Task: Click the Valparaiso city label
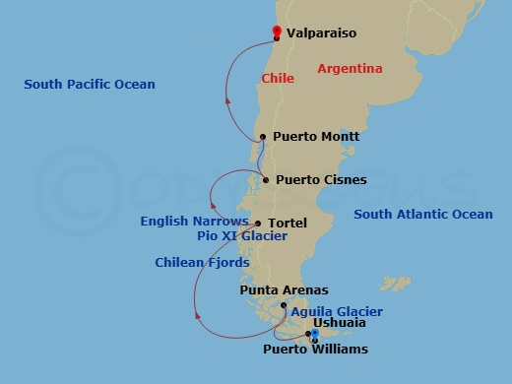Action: point(322,33)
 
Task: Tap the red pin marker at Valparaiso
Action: point(277,32)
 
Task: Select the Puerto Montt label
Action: point(316,137)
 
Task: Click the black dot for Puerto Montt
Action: point(263,138)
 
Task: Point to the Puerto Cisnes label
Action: point(321,180)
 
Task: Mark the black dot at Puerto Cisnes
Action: point(267,180)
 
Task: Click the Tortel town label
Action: point(288,223)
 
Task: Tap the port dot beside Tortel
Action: point(258,224)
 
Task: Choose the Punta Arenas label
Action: point(284,290)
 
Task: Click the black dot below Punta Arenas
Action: point(284,306)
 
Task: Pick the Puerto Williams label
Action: point(315,350)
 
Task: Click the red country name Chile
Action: point(278,77)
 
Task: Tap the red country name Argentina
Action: point(349,68)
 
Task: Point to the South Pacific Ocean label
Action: point(90,85)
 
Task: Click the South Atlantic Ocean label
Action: point(423,215)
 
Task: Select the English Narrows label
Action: point(194,222)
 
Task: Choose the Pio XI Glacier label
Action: point(241,236)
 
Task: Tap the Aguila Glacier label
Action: point(337,311)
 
